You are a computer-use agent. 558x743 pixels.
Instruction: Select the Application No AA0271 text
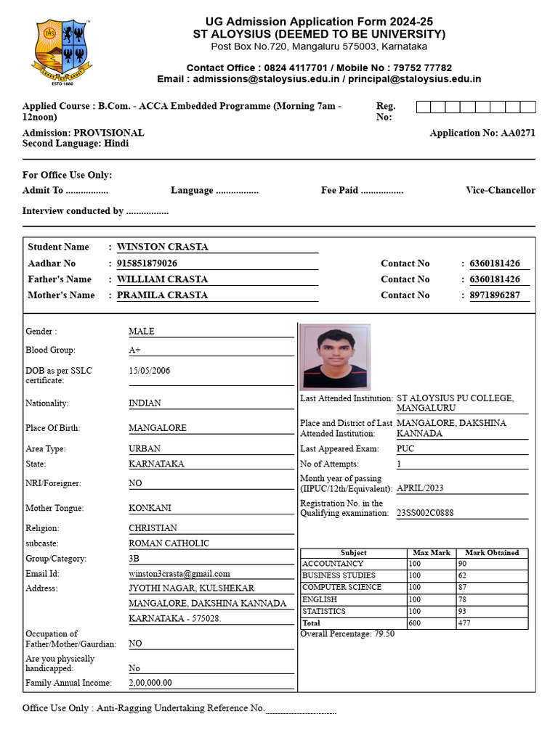482,133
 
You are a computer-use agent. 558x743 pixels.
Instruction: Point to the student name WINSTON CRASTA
162,247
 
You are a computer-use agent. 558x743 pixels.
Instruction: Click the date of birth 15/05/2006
150,370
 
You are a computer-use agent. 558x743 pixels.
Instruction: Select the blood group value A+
134,350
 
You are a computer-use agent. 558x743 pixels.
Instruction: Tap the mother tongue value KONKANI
150,508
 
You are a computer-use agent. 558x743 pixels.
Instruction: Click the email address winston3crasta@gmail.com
179,573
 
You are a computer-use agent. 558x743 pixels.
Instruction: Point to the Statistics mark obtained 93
462,612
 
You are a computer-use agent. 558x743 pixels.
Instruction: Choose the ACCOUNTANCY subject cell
333,564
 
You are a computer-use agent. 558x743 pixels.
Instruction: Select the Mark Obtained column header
492,553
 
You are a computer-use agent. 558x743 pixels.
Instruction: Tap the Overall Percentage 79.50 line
347,633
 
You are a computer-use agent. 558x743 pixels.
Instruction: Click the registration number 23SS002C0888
425,513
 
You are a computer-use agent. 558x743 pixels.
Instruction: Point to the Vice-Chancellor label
501,190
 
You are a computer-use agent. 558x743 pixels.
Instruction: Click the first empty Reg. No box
423,107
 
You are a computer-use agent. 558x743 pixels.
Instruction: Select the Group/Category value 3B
134,559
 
